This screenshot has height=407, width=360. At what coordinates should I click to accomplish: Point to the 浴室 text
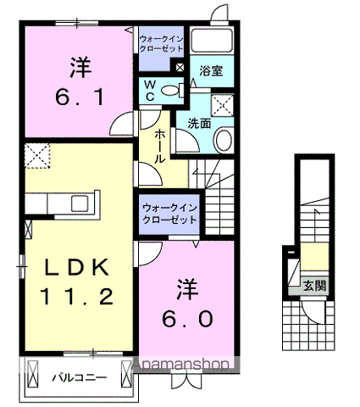211,71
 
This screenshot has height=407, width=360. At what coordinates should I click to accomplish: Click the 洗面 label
199,123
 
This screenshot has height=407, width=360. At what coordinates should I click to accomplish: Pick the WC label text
149,91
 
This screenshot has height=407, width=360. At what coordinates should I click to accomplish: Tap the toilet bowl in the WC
169,90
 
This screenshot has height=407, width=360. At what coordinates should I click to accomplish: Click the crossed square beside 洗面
224,105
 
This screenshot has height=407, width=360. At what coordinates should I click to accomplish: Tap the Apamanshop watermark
180,365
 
